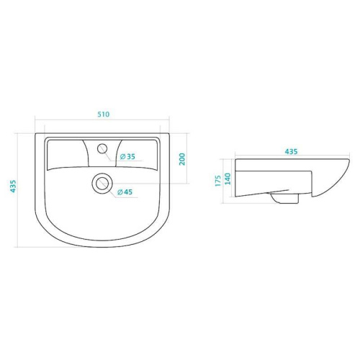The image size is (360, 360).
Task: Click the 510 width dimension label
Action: [x=104, y=114]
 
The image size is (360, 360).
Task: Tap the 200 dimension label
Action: [x=182, y=159]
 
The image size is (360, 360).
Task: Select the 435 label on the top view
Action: [x=13, y=186]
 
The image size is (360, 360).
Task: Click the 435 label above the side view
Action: [x=291, y=152]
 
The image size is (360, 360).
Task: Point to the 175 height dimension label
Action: [x=218, y=181]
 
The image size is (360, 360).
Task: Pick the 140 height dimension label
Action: [x=228, y=179]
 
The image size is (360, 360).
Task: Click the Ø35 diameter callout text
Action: [x=127, y=156]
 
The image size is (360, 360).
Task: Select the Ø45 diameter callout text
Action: [x=125, y=192]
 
